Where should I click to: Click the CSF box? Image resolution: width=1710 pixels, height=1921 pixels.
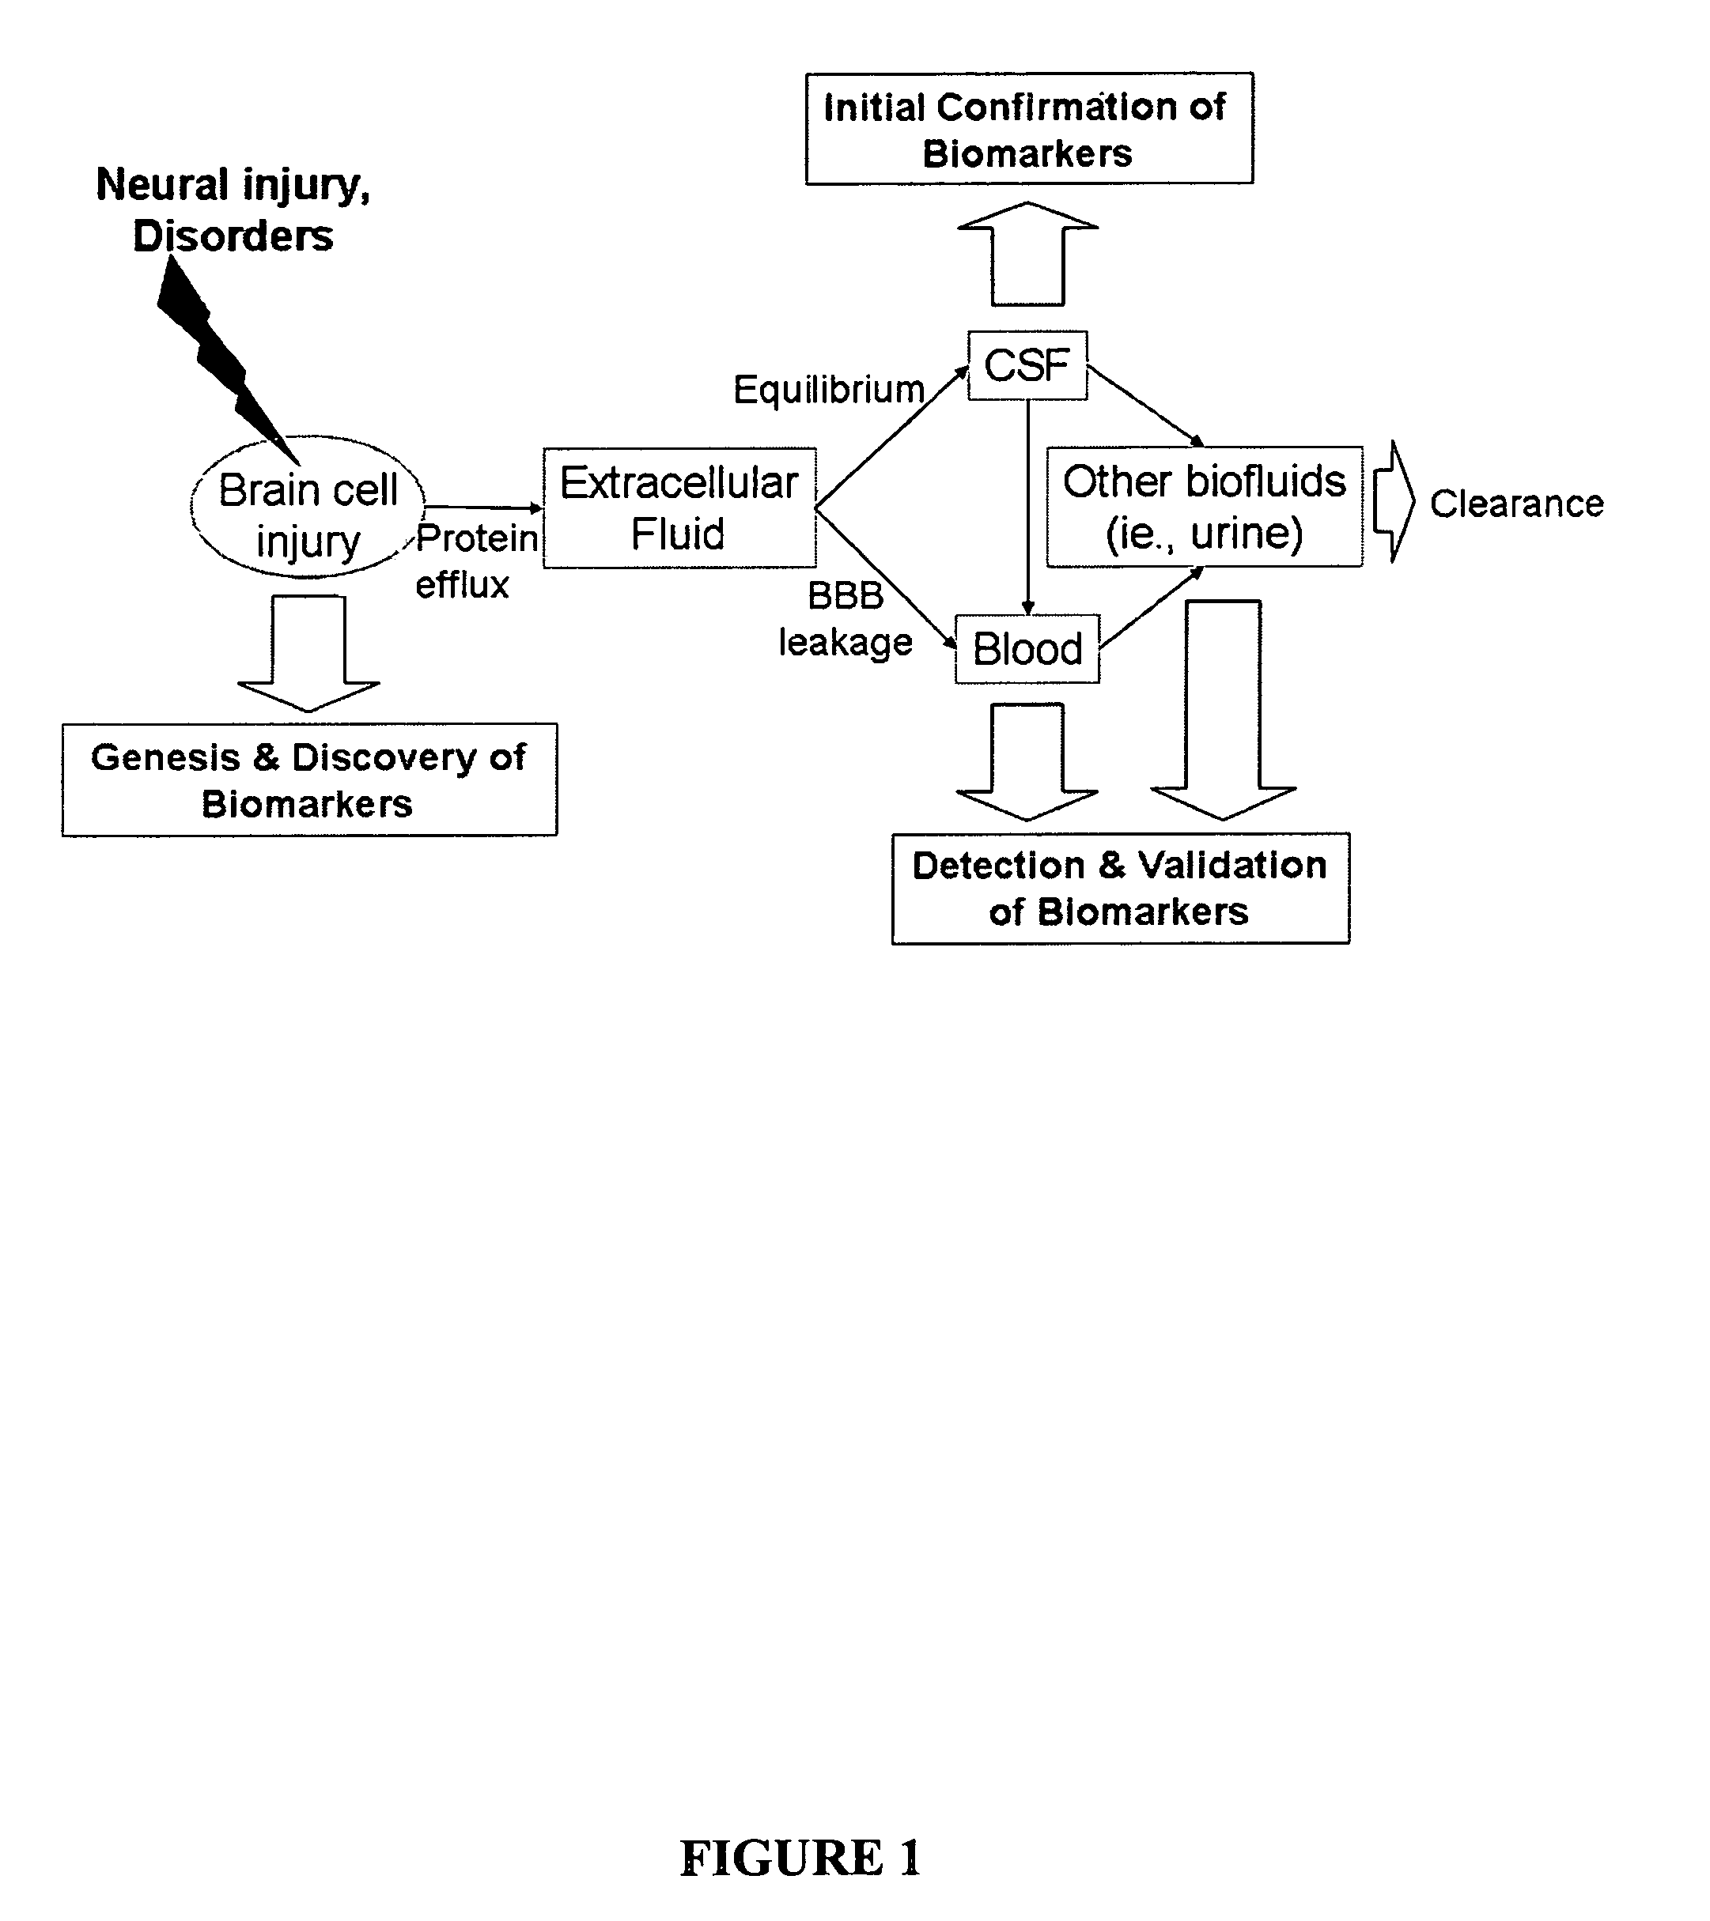coord(1027,365)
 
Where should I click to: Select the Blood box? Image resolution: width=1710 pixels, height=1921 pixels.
coord(1027,648)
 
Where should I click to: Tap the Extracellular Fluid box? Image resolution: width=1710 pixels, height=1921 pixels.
coord(679,508)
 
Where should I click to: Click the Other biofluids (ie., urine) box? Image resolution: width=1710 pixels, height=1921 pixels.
coord(1205,507)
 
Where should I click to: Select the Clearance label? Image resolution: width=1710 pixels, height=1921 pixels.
coord(1516,504)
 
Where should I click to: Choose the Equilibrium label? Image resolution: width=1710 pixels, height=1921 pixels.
coord(828,389)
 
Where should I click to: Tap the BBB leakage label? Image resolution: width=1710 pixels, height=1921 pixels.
coord(846,618)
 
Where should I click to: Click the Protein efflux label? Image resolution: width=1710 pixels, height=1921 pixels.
coord(475,561)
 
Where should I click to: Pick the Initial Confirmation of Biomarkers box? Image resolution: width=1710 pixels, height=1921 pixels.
coord(1028,129)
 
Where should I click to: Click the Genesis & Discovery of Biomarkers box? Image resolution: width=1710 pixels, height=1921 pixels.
coord(309,779)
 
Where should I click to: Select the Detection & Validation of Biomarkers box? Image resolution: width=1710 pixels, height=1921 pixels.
coord(1120,887)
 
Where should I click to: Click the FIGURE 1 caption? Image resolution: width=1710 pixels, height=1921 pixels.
coord(800,1857)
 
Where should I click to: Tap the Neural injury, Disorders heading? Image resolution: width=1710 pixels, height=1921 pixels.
coord(233,209)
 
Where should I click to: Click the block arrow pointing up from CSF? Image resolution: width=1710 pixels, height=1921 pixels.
coord(1027,254)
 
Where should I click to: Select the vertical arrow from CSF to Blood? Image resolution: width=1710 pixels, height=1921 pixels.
coord(1027,508)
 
